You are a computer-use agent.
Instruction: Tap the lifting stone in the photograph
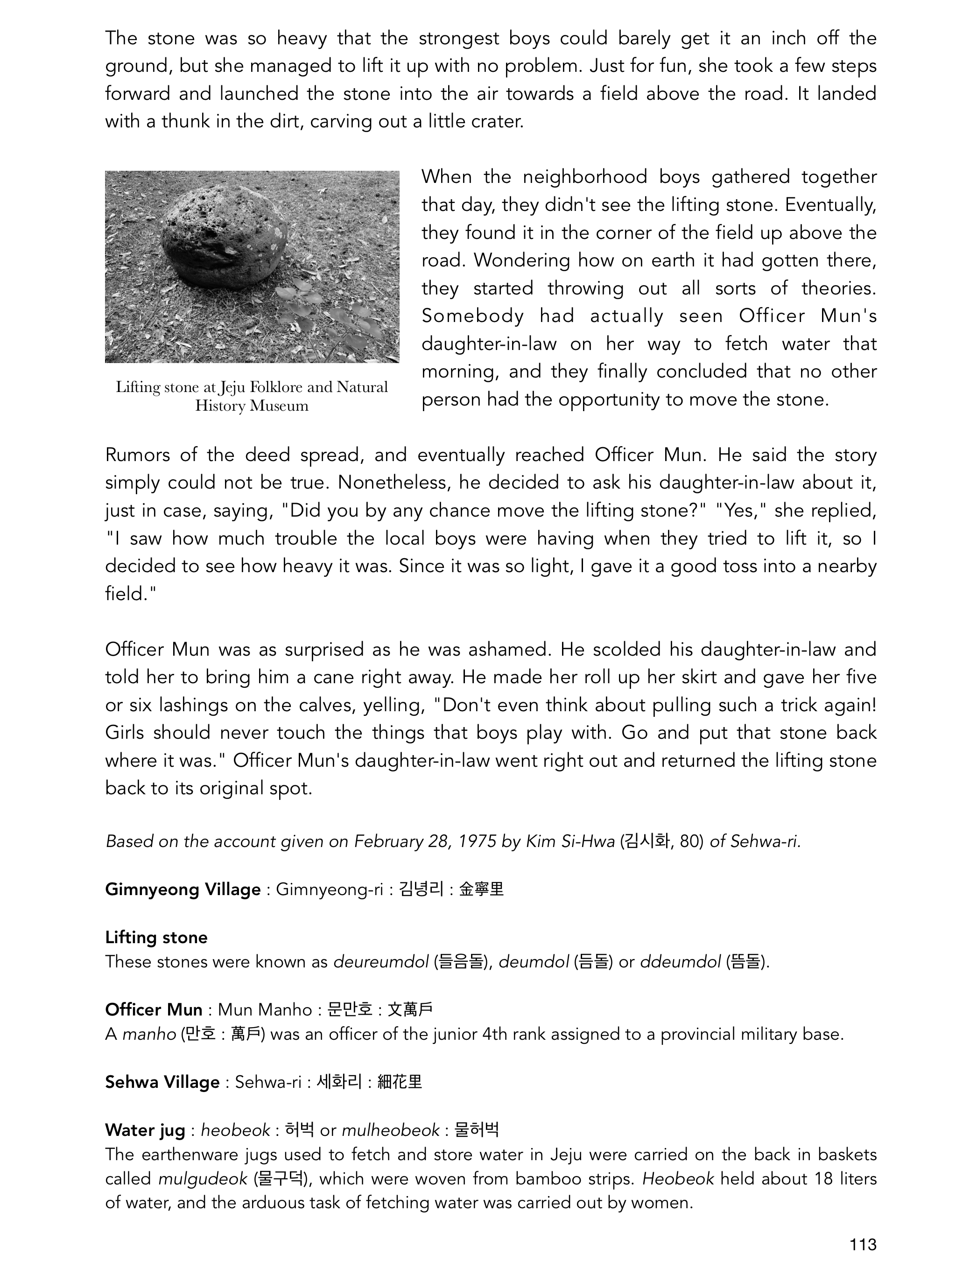click(x=225, y=239)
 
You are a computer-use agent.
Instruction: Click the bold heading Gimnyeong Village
click(x=183, y=890)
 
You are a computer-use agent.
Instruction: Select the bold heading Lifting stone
click(x=156, y=938)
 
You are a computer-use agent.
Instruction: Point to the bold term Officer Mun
click(x=154, y=1010)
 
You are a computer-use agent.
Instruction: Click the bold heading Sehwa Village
click(x=162, y=1082)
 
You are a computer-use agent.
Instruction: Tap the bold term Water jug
click(x=145, y=1130)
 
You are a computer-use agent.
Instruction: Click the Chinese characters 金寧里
click(x=481, y=890)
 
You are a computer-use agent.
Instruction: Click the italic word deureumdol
click(x=381, y=962)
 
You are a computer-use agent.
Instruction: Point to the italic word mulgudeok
click(x=203, y=1179)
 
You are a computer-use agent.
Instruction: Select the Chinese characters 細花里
click(x=400, y=1082)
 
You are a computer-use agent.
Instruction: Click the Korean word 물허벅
click(x=476, y=1130)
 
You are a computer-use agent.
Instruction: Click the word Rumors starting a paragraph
click(x=137, y=455)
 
